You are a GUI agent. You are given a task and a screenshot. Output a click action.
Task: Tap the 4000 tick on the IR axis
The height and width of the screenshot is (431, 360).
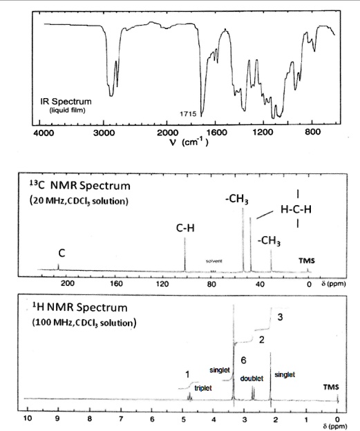pos(43,132)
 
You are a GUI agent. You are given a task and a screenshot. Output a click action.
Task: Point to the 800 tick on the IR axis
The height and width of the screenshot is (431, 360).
pos(312,132)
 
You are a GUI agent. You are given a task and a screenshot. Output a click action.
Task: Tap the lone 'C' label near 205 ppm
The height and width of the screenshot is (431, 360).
pos(59,252)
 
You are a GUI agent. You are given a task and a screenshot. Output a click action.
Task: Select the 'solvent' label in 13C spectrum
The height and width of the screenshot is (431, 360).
pos(214,262)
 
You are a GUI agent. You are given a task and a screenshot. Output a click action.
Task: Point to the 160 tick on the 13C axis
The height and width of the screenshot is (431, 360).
pos(116,283)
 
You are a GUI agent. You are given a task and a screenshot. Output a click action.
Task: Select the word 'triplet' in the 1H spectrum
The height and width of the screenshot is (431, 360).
pos(203,388)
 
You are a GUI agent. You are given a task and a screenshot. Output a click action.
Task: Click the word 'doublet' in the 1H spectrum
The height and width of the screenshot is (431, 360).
pos(250,379)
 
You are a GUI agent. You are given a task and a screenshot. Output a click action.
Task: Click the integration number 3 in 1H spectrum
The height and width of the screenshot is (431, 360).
pos(279,317)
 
